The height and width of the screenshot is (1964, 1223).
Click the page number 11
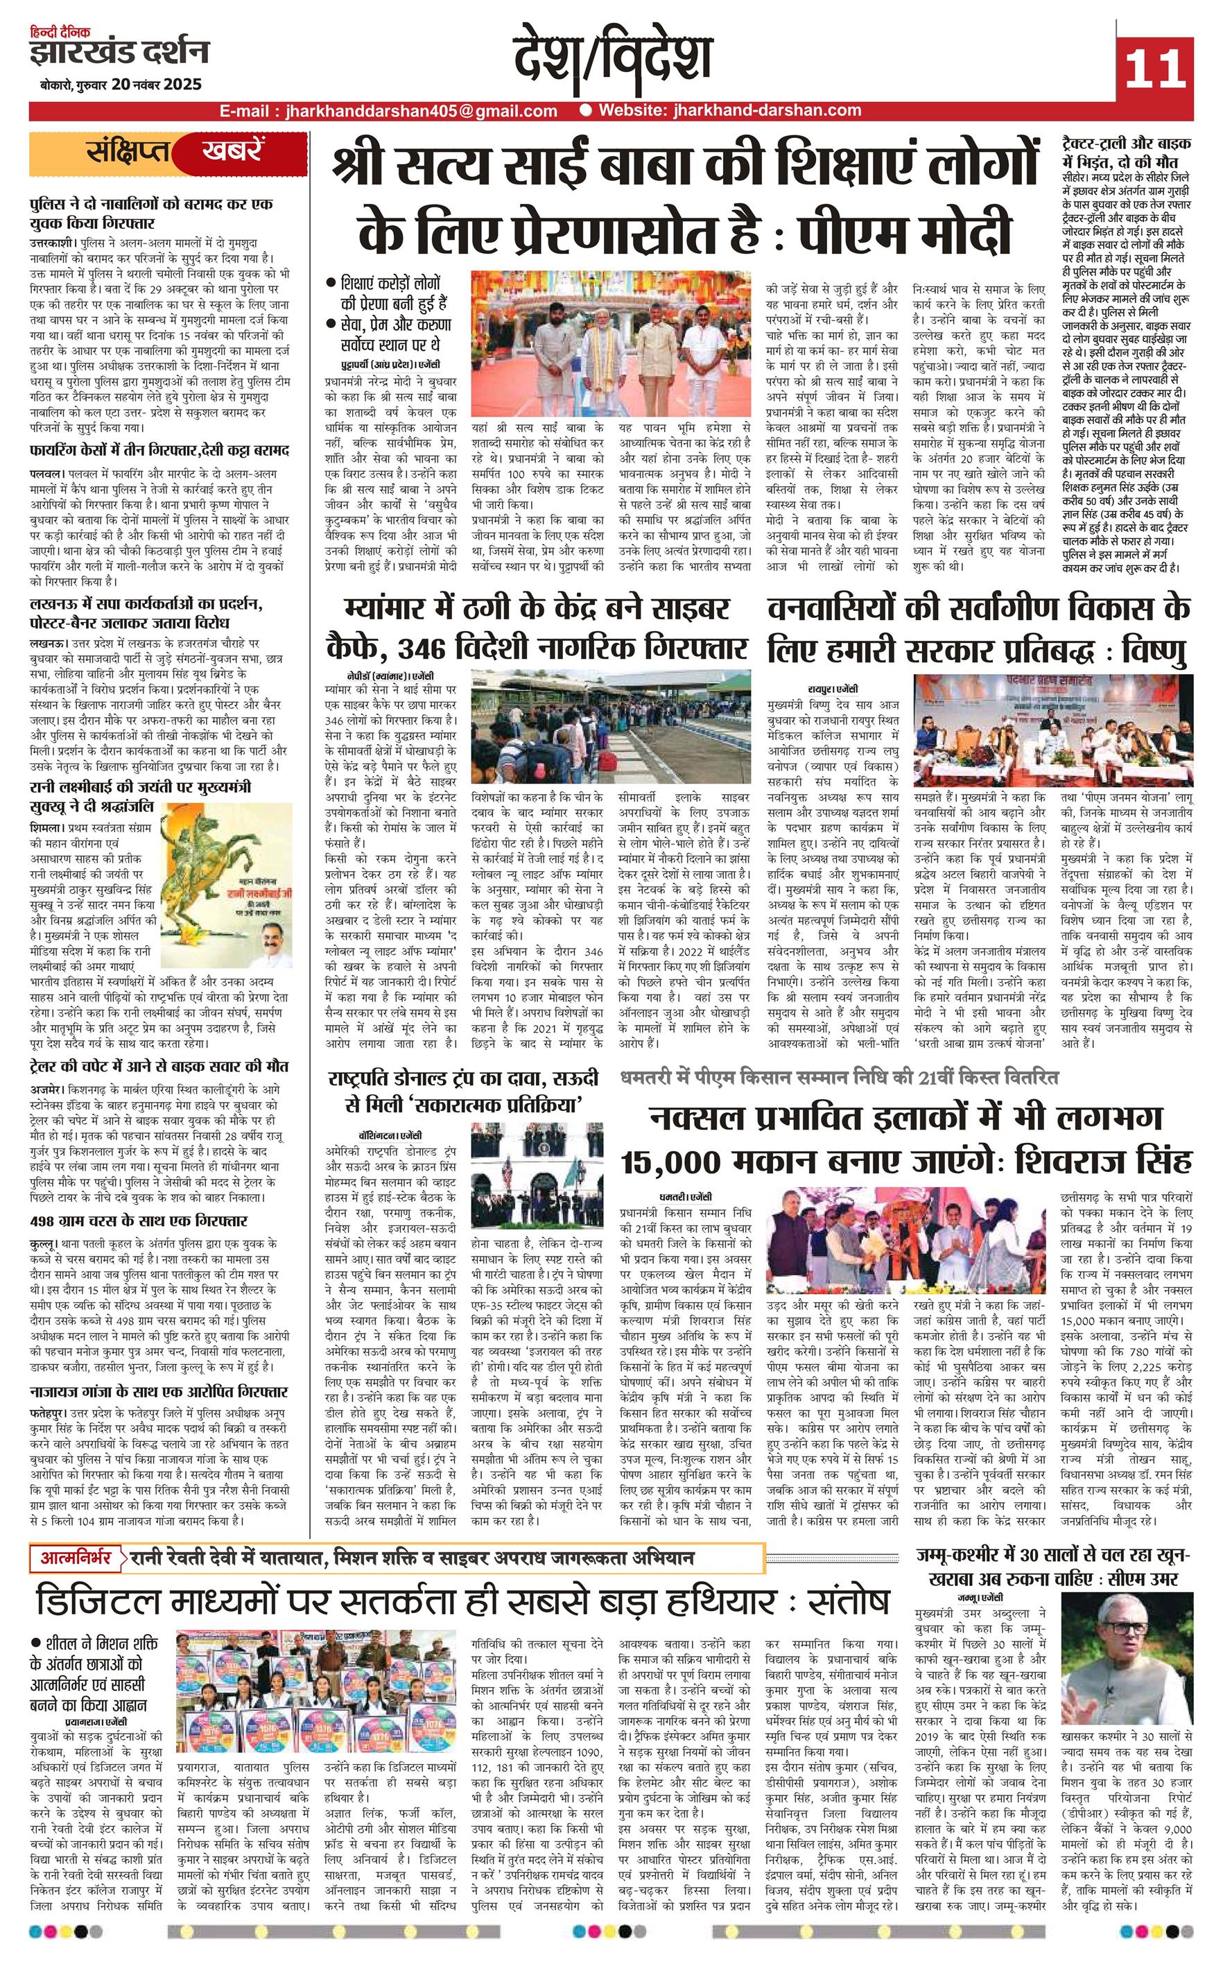point(1154,67)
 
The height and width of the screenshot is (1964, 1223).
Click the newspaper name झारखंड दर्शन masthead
point(119,53)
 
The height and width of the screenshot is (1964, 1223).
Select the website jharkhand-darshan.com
point(729,111)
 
